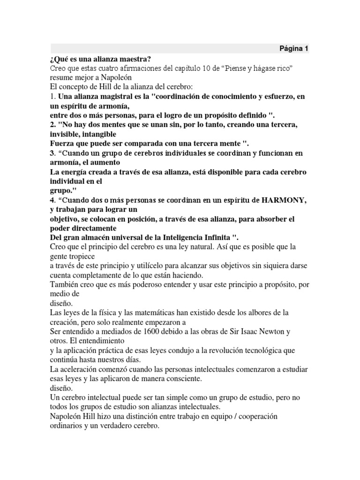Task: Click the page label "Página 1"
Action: [294, 48]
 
